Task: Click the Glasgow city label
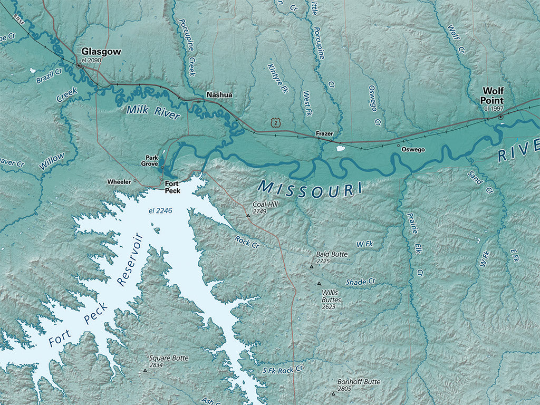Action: pyautogui.click(x=101, y=52)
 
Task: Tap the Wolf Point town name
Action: pyautogui.click(x=492, y=95)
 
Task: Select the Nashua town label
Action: pyautogui.click(x=219, y=95)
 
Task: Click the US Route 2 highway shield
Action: pyautogui.click(x=275, y=122)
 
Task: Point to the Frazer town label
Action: pyautogui.click(x=324, y=134)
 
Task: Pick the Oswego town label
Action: pyautogui.click(x=413, y=149)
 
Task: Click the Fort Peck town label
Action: pyautogui.click(x=172, y=187)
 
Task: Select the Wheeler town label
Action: pyautogui.click(x=119, y=181)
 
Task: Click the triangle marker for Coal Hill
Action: pyautogui.click(x=248, y=216)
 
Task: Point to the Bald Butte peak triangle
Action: pyautogui.click(x=311, y=267)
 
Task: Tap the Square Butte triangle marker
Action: pyautogui.click(x=145, y=371)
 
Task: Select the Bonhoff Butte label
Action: pyautogui.click(x=359, y=382)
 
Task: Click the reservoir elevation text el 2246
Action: pyautogui.click(x=160, y=211)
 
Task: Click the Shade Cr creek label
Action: pyautogui.click(x=360, y=282)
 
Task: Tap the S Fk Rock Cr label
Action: pyautogui.click(x=283, y=370)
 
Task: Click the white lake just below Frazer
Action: pyautogui.click(x=340, y=148)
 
